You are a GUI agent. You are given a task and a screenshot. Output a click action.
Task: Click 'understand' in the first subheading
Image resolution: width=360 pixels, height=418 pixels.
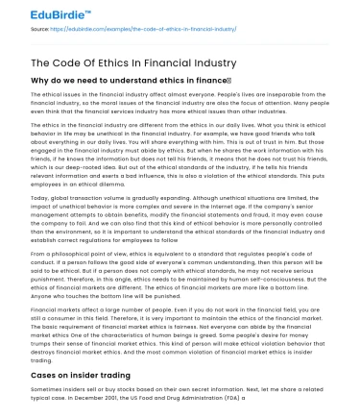point(126,83)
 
